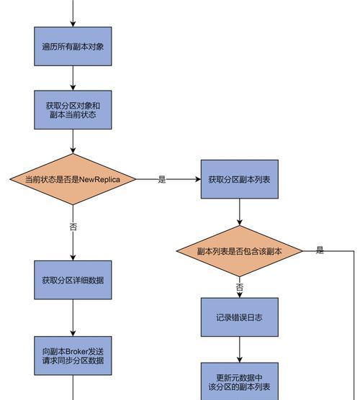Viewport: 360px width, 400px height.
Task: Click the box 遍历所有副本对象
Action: [x=73, y=46]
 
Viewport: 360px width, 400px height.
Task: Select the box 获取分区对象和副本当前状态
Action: [x=73, y=110]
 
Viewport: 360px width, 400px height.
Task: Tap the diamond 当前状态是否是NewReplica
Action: [x=73, y=179]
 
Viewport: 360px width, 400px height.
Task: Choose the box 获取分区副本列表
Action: [x=240, y=179]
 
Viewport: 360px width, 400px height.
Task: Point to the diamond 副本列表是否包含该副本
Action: [x=240, y=251]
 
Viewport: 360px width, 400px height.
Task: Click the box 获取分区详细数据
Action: [x=73, y=280]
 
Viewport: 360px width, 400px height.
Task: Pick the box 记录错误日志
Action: [x=240, y=317]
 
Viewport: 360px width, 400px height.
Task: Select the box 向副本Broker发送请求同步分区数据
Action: [x=73, y=355]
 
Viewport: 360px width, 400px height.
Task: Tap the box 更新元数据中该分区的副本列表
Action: [x=240, y=381]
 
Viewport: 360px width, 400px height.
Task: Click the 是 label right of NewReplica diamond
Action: [x=162, y=179]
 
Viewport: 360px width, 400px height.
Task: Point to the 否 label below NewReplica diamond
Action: [x=73, y=227]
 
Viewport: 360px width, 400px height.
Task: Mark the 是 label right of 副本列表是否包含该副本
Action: [x=320, y=250]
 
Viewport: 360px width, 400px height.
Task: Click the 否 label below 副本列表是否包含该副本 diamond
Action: [x=240, y=287]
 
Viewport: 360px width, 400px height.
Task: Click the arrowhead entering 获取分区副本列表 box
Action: [x=198, y=179]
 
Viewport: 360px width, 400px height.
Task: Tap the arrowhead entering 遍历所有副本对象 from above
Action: [x=73, y=24]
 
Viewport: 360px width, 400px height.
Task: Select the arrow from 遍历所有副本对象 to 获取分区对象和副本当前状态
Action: [x=73, y=78]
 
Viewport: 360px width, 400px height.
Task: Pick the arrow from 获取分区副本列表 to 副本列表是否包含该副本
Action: [x=240, y=212]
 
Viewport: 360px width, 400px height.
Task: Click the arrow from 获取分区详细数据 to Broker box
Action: [x=73, y=318]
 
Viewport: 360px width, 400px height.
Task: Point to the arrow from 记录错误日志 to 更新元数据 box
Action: [x=240, y=350]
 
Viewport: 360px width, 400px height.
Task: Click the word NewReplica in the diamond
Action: [x=99, y=179]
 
